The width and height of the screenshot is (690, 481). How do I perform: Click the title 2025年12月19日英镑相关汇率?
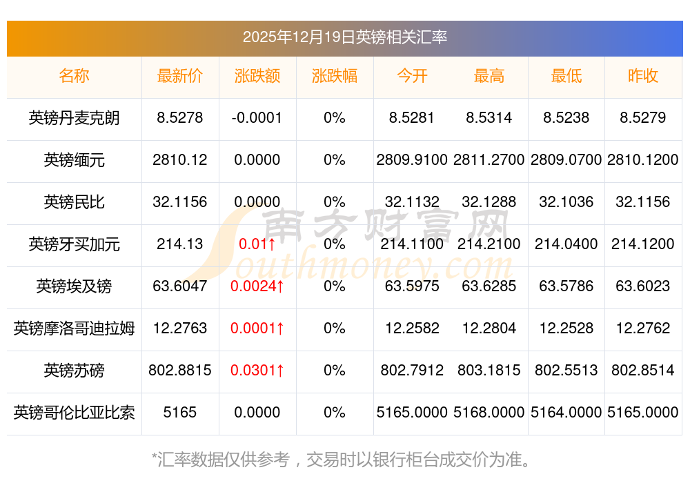click(345, 37)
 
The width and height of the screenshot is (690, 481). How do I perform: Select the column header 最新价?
click(180, 76)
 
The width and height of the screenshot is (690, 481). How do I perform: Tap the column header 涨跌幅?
click(335, 76)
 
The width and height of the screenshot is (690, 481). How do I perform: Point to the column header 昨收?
click(643, 76)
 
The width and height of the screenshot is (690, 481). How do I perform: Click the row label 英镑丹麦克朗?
click(74, 118)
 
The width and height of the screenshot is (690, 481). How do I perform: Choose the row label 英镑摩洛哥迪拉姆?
click(74, 328)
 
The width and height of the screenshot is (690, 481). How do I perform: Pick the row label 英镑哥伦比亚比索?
click(74, 413)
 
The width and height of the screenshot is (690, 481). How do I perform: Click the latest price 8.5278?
click(180, 118)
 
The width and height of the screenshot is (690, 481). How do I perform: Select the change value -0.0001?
click(257, 118)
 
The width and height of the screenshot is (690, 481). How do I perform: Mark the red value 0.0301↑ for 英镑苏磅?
click(257, 371)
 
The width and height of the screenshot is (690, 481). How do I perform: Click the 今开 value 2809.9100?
click(412, 160)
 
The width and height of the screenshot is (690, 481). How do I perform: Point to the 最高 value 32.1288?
click(489, 202)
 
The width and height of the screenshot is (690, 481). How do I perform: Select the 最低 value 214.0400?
click(566, 244)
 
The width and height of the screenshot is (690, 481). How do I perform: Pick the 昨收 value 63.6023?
click(643, 286)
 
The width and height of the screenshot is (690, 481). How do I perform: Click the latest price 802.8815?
click(180, 371)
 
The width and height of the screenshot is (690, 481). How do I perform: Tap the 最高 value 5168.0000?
click(489, 413)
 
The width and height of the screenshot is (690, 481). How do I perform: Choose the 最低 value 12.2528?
click(566, 328)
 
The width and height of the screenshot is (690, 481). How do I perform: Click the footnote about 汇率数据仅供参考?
click(345, 459)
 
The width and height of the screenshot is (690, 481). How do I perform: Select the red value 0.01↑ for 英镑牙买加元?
click(257, 244)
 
